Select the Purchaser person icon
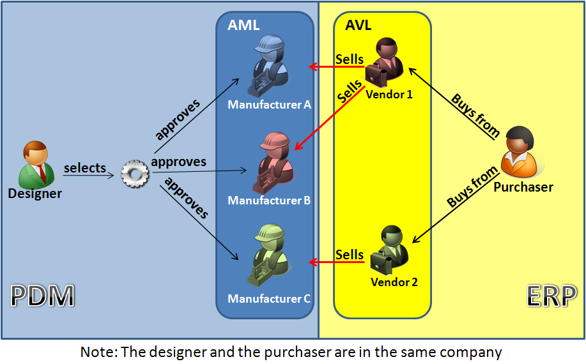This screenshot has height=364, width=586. click(521, 153)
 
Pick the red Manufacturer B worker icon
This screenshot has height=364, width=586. click(274, 164)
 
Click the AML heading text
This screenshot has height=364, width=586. click(243, 26)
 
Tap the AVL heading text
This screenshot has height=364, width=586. click(358, 26)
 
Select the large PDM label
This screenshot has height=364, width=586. click(43, 296)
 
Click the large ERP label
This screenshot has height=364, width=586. click(549, 296)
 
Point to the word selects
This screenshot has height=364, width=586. click(84, 168)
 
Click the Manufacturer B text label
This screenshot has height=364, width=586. click(269, 201)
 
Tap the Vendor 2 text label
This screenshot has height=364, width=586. click(394, 282)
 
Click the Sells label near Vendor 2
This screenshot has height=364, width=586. click(350, 254)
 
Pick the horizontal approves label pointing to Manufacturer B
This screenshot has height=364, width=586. click(179, 162)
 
